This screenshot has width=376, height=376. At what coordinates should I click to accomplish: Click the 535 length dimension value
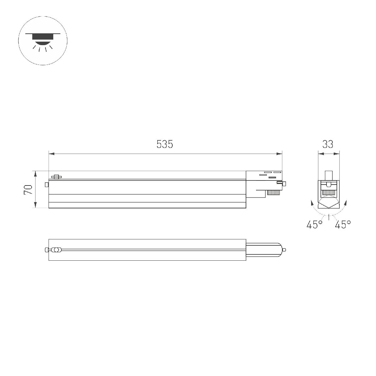coord(165,144)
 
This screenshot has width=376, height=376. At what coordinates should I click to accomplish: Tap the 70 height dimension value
coord(28,190)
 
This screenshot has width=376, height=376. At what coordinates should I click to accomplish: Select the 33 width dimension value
coord(328,144)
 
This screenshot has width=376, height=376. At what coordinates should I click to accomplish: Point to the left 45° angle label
coord(315,225)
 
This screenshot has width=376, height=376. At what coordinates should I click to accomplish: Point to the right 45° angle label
coord(343,225)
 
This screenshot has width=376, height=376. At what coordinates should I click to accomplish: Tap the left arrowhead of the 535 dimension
coord(52,154)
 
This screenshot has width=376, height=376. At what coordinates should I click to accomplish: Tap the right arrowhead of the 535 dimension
coord(279,154)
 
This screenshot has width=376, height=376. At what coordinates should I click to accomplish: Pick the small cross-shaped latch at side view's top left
coord(56,177)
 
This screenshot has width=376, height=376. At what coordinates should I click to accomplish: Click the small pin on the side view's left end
coord(46,185)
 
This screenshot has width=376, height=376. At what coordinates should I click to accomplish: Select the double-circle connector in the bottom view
coord(56,250)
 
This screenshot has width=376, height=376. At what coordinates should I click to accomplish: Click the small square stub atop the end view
coord(328,175)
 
